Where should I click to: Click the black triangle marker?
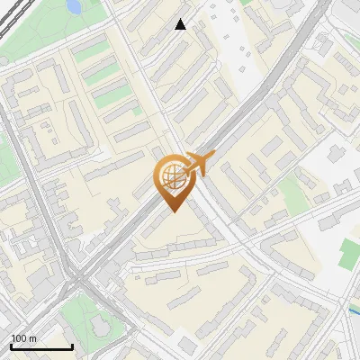click(x=181, y=24)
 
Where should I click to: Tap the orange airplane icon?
click(x=199, y=165)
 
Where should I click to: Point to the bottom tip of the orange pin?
click(x=171, y=212)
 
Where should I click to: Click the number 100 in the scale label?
click(x=20, y=339)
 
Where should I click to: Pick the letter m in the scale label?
click(x=33, y=339)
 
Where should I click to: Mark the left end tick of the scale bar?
click(x=12, y=346)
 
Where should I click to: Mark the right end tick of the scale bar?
click(x=72, y=346)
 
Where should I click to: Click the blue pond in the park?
click(x=73, y=6)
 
